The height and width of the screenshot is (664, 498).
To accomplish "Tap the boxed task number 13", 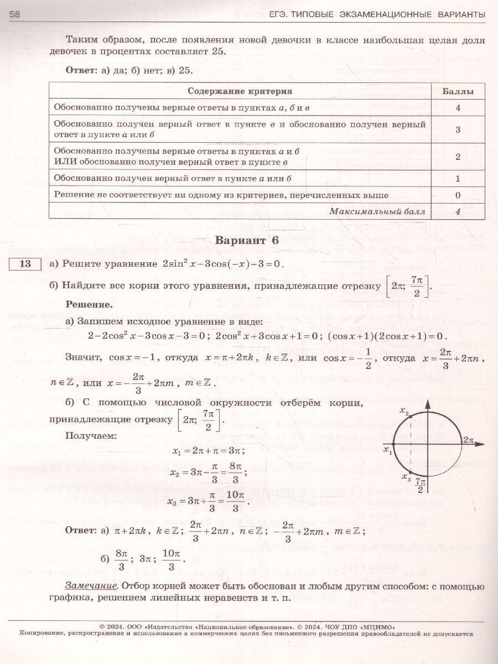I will [25, 264].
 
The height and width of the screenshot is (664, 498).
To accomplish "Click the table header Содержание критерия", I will [240, 91].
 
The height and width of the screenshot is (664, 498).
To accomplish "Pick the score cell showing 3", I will [458, 129].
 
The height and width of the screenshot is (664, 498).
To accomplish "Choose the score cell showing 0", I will [458, 195].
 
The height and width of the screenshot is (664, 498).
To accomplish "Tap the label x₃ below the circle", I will [406, 477].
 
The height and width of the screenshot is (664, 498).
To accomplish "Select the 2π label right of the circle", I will [469, 440].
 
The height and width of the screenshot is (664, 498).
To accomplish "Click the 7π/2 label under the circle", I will [421, 485].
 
